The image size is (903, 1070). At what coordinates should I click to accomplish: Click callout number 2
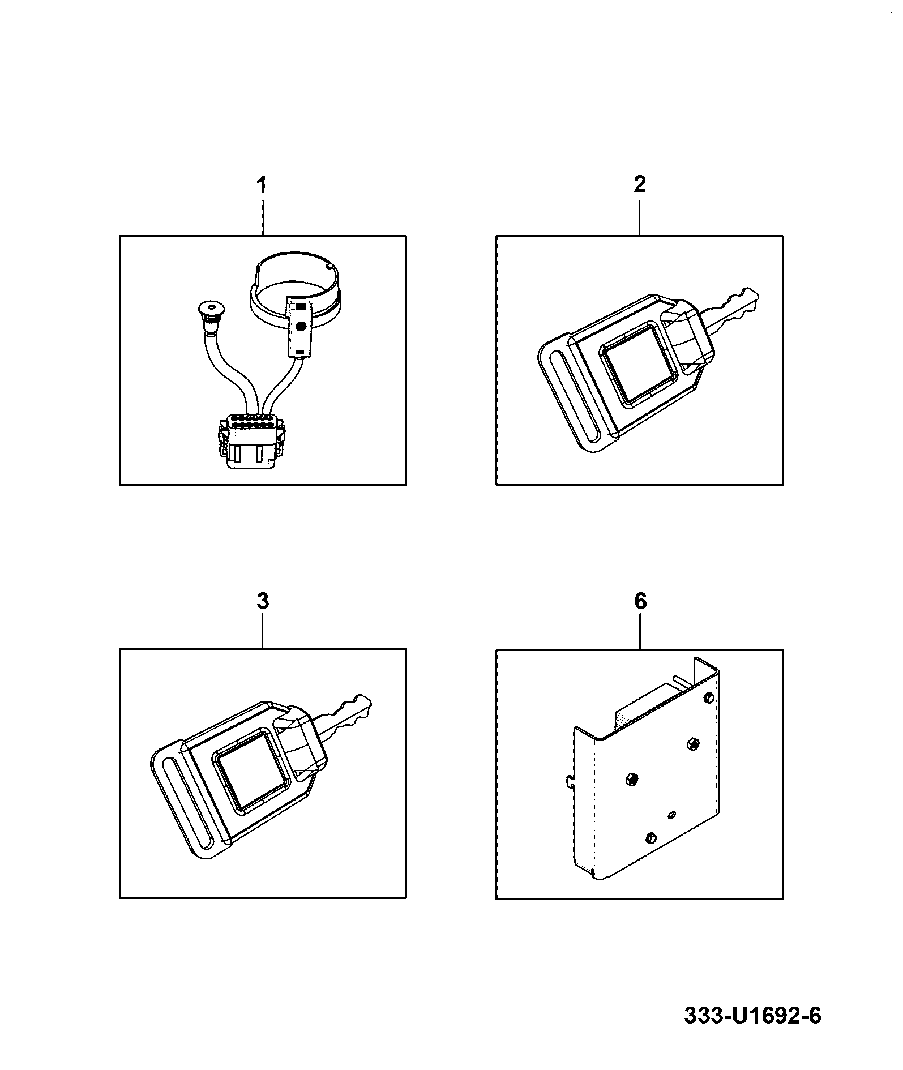tap(640, 185)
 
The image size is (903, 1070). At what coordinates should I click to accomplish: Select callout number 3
tap(262, 601)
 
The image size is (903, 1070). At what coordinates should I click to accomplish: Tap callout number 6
tap(640, 601)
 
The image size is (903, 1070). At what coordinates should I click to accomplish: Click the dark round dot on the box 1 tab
tap(301, 327)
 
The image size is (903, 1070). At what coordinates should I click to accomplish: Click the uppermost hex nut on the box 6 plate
tap(691, 744)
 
